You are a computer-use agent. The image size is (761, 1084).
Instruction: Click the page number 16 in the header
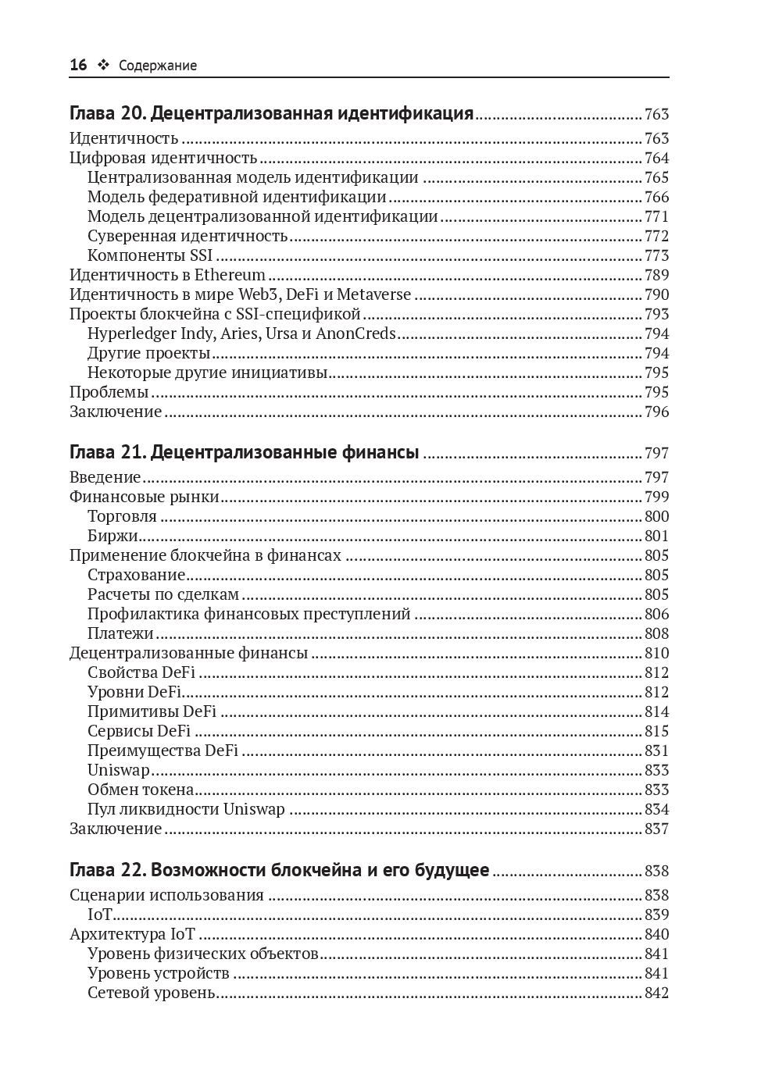click(x=78, y=66)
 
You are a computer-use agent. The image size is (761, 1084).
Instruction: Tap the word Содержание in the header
click(x=158, y=66)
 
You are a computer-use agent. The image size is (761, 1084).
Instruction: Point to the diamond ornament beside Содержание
click(x=102, y=66)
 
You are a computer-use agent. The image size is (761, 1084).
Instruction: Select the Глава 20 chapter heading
click(x=271, y=114)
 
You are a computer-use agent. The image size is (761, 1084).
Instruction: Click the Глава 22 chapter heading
click(x=279, y=871)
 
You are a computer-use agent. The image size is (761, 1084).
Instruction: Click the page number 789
click(x=656, y=275)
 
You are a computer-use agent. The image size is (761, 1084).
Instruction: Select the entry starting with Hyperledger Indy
click(x=241, y=333)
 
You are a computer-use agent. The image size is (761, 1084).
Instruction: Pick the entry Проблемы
click(x=109, y=392)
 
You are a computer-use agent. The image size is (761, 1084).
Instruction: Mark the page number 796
click(x=656, y=412)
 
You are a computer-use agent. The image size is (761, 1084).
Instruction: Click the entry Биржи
click(x=113, y=536)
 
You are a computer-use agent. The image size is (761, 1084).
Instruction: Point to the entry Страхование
click(x=136, y=575)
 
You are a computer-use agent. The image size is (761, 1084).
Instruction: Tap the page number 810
click(x=656, y=653)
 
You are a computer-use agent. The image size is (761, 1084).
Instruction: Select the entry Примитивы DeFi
click(x=152, y=711)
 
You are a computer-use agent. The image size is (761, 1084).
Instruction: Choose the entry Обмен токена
click(x=141, y=790)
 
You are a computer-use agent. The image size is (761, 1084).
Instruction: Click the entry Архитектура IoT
click(x=132, y=934)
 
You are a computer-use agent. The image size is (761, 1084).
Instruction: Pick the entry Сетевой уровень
click(x=151, y=993)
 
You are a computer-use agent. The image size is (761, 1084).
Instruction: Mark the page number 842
click(x=656, y=993)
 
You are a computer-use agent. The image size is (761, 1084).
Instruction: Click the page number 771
click(x=656, y=216)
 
